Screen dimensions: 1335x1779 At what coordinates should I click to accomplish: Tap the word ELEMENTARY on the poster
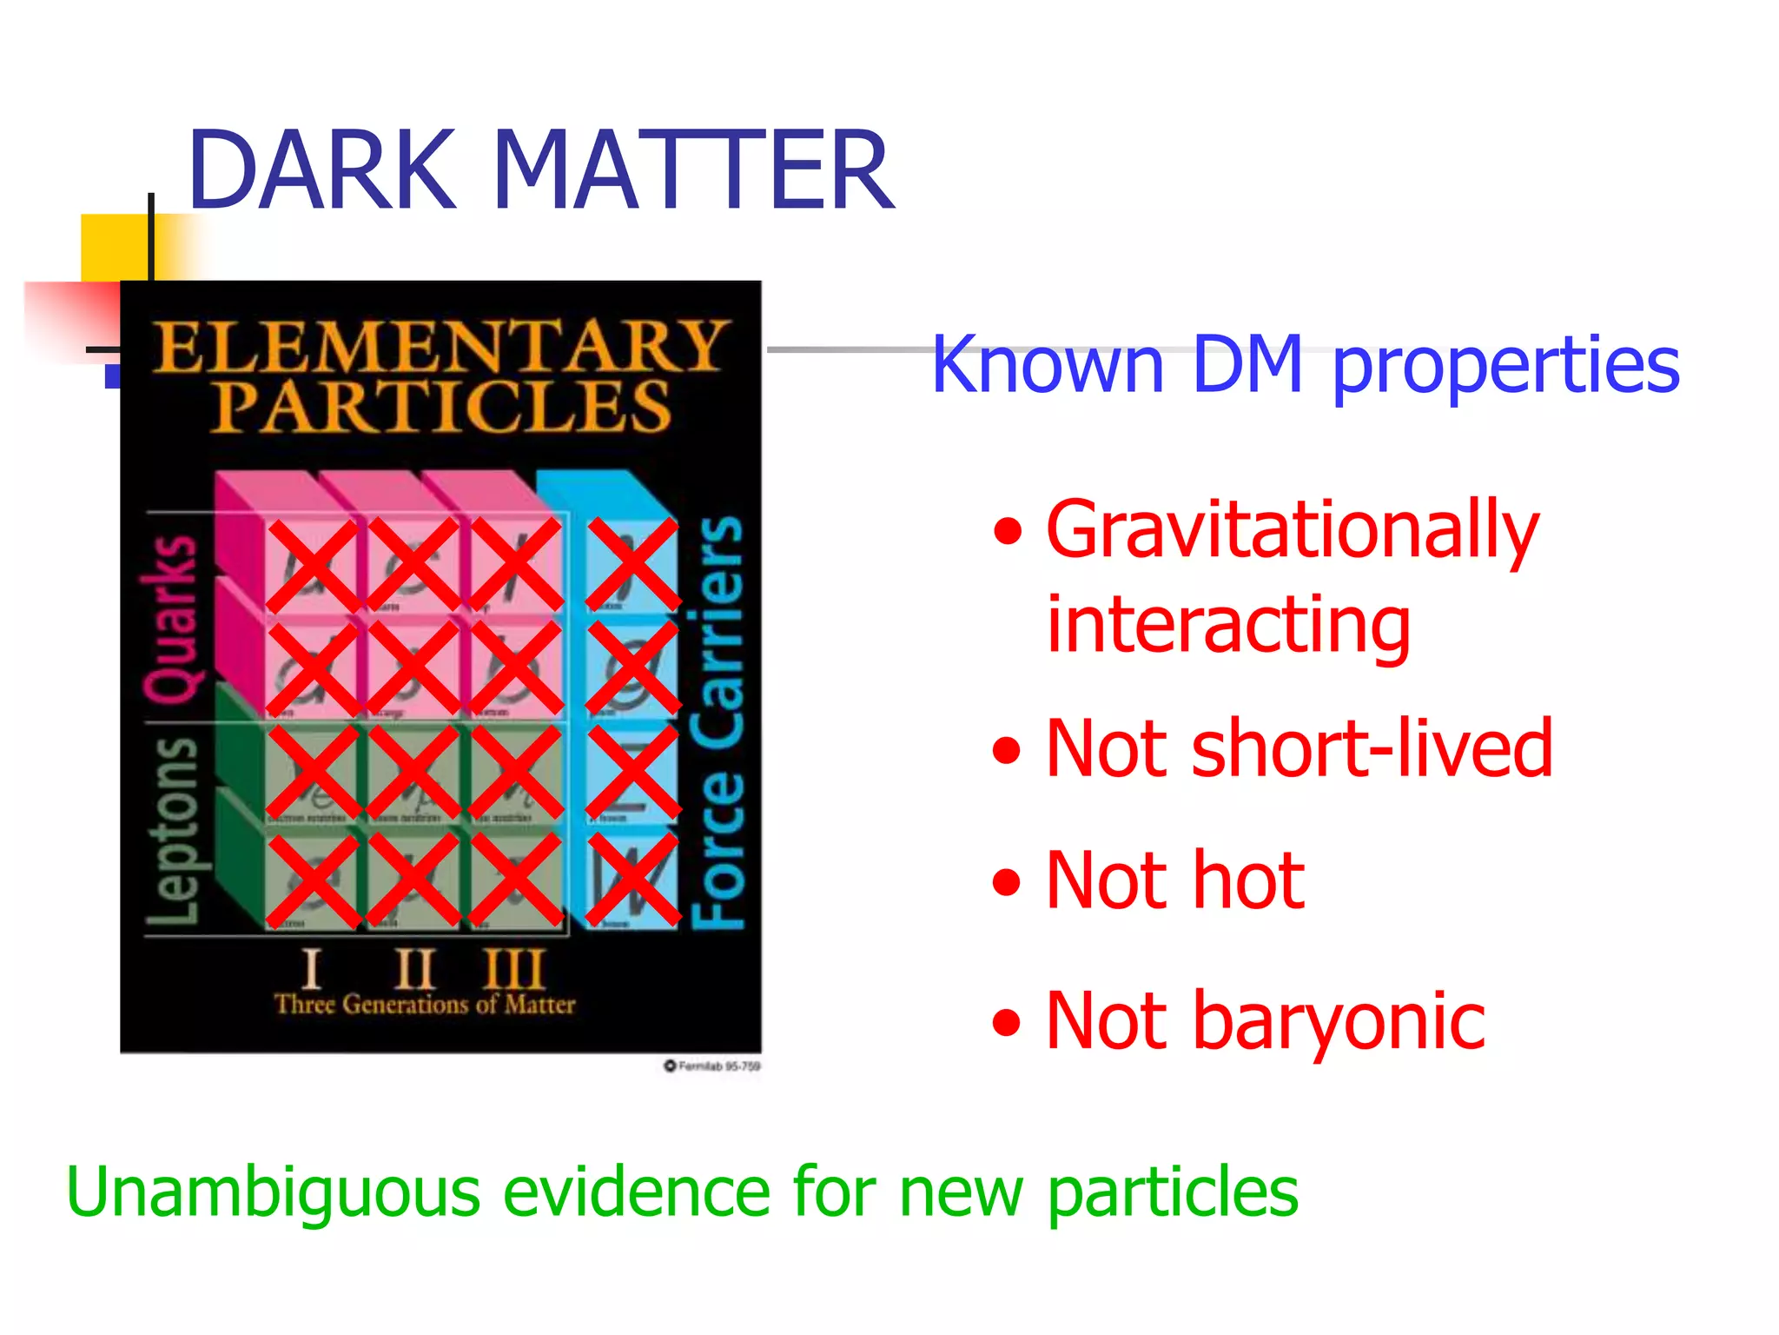pos(439,346)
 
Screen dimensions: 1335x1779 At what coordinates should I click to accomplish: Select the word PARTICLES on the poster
pos(443,406)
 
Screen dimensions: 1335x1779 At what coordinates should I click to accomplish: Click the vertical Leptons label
pos(172,830)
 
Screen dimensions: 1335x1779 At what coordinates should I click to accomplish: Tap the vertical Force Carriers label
pos(718,721)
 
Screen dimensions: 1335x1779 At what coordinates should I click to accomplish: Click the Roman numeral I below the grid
pos(310,968)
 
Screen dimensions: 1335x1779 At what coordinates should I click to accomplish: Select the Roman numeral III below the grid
pos(514,968)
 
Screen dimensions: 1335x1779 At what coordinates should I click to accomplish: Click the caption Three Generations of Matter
pos(425,1005)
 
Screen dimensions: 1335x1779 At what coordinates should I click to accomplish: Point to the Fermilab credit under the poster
pos(712,1066)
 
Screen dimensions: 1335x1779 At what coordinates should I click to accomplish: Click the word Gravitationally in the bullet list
pos(1292,532)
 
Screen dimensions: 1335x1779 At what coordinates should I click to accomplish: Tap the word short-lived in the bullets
pos(1372,749)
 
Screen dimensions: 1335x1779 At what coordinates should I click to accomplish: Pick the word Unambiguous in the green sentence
pos(273,1192)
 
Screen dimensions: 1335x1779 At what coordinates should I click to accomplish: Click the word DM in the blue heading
pos(1247,365)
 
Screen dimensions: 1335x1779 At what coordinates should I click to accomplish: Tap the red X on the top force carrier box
pos(632,564)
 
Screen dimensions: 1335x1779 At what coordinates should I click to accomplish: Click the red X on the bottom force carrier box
pos(632,878)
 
